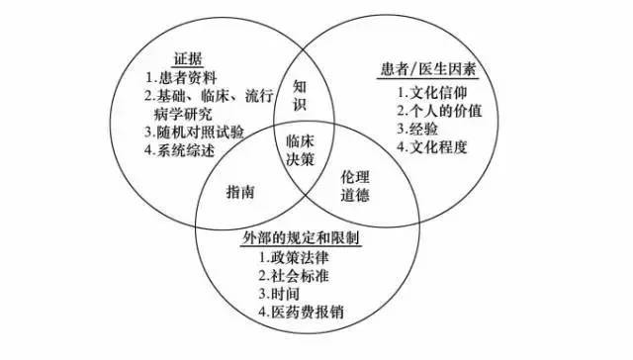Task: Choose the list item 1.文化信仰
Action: point(438,92)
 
